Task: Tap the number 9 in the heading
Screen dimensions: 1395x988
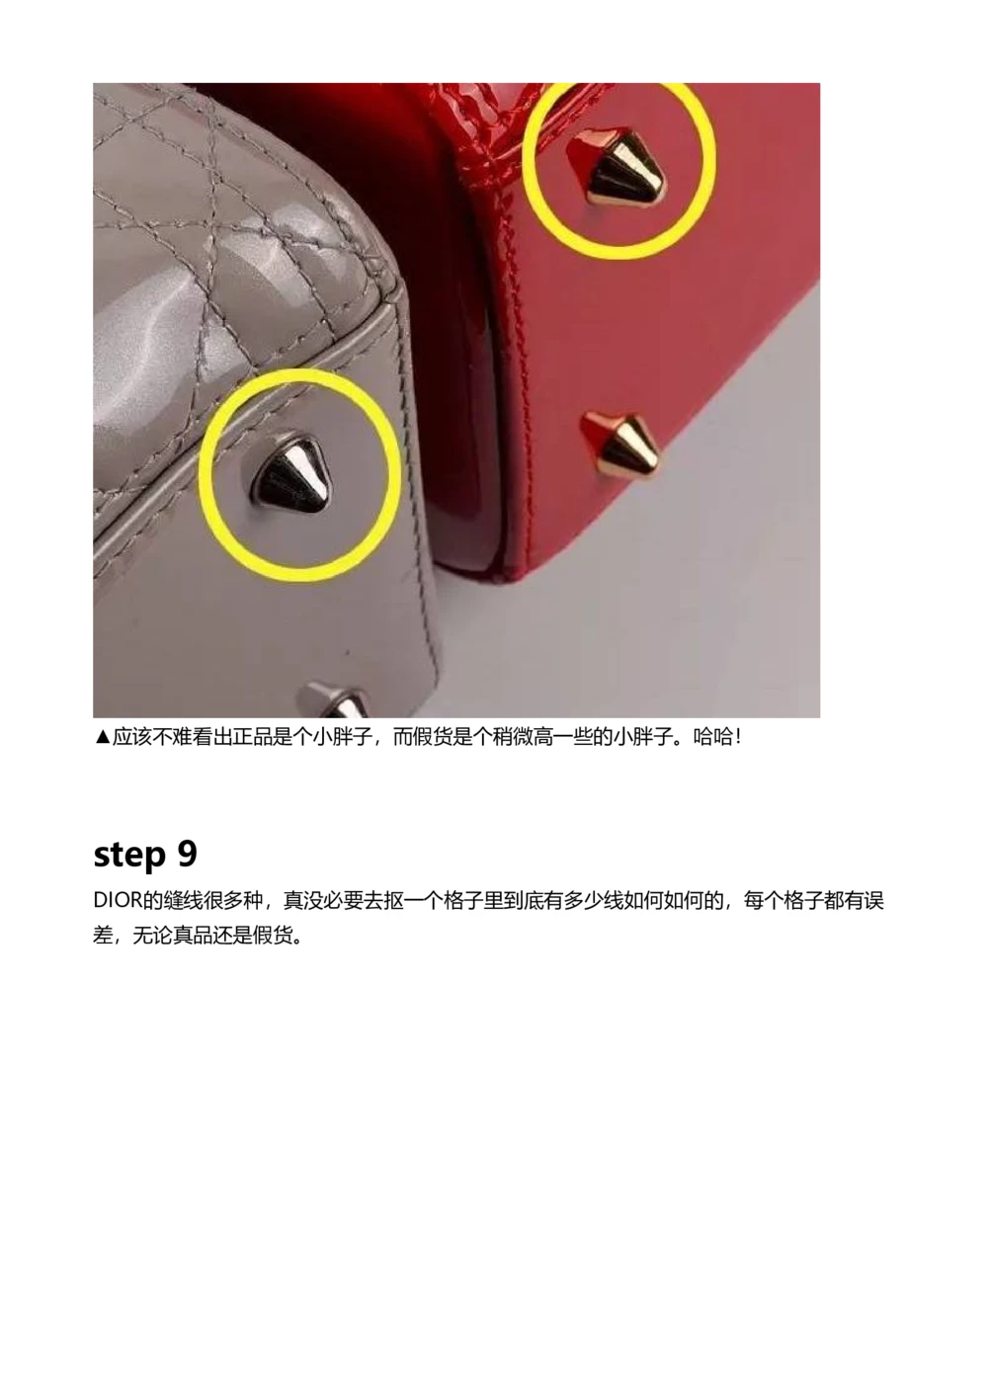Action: coord(187,854)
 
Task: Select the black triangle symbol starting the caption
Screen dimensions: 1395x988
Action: coord(102,737)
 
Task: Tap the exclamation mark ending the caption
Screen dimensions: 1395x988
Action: coord(738,737)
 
